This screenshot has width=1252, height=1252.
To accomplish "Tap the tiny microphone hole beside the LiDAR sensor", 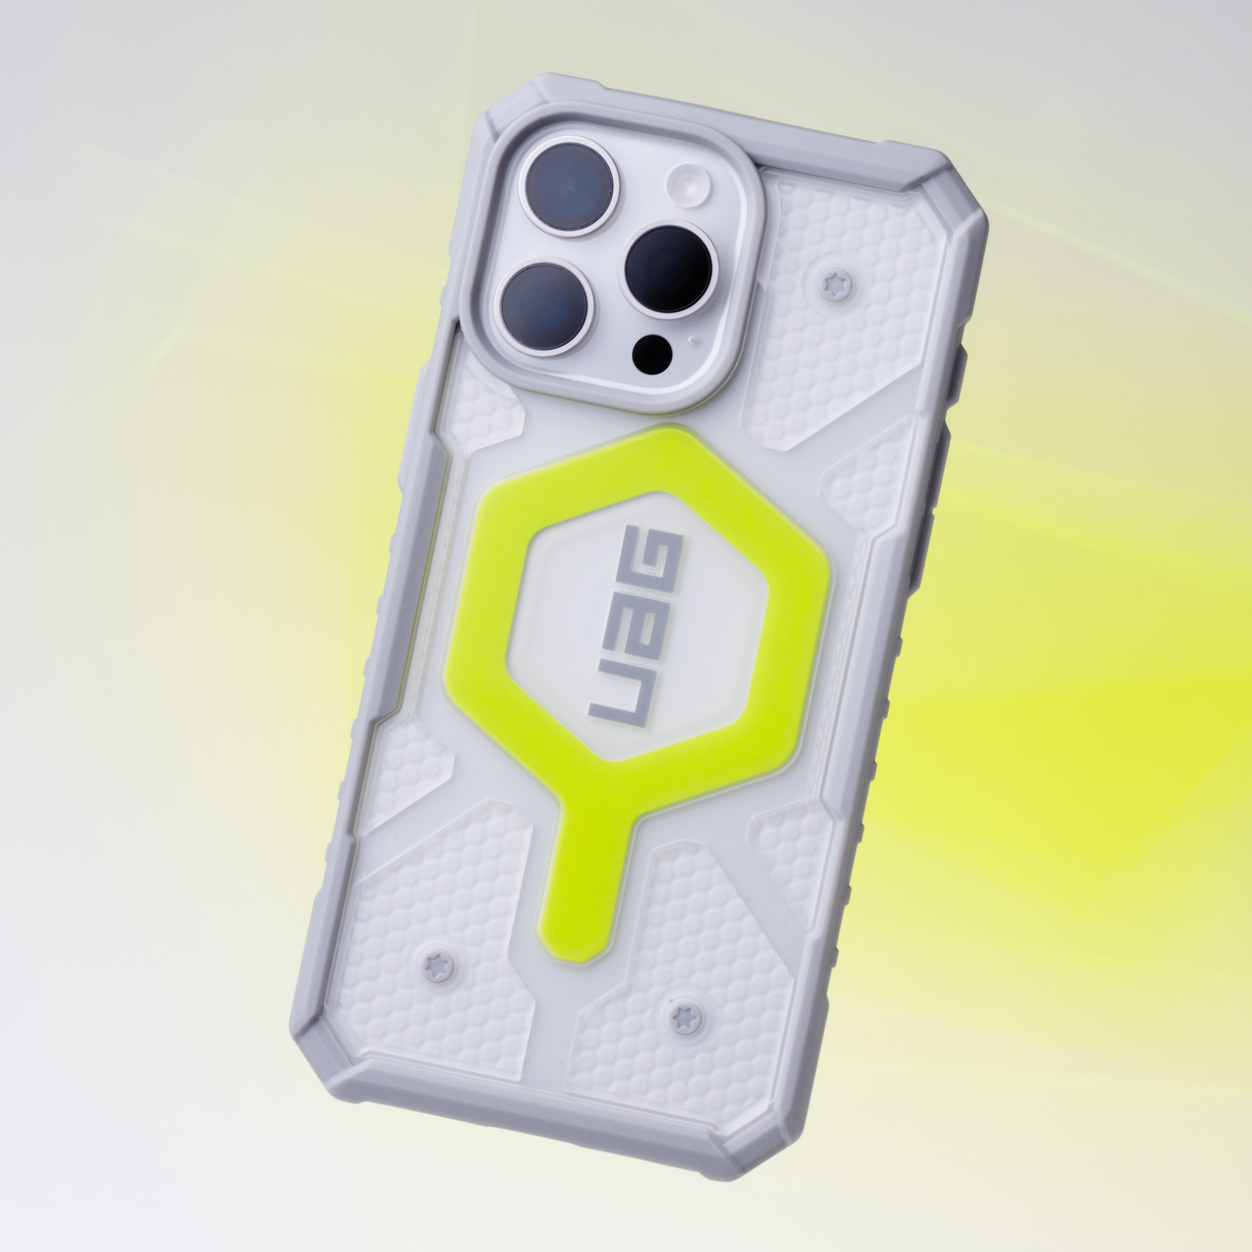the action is (693, 338).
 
